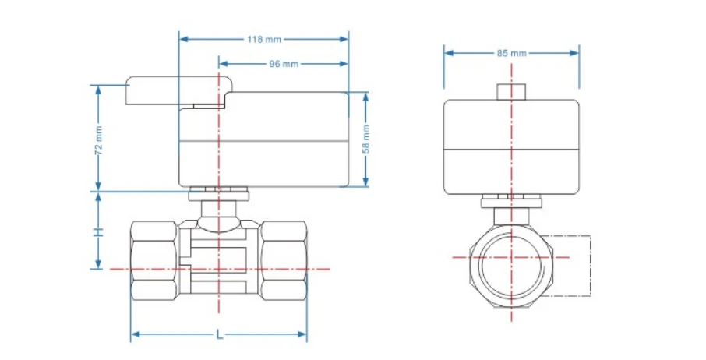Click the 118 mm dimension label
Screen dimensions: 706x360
[x=264, y=39]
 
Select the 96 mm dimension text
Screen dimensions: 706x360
[x=284, y=64]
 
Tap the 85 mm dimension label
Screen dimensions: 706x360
[x=511, y=53]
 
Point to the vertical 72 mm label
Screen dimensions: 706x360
[x=99, y=140]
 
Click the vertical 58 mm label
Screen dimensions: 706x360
[x=366, y=139]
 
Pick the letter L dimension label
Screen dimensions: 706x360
[x=219, y=334]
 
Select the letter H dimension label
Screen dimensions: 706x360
[x=98, y=232]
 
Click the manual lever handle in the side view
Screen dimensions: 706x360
[x=178, y=90]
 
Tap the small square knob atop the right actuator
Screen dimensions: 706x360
[x=511, y=92]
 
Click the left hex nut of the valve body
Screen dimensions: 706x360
[x=154, y=260]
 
